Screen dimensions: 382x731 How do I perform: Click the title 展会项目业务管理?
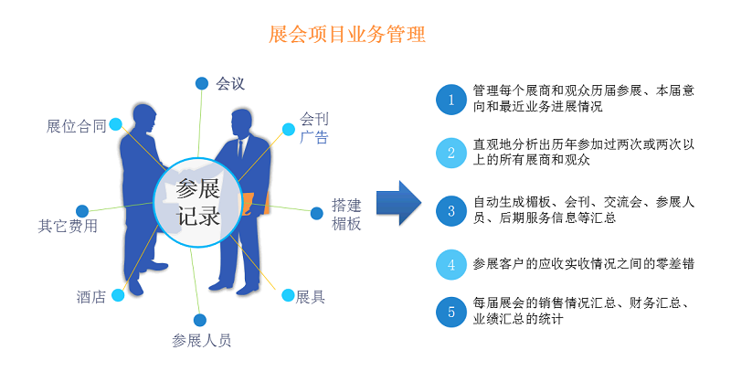point(347,36)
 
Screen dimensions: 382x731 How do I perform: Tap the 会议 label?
point(231,84)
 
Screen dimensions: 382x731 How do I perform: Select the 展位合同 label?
point(77,126)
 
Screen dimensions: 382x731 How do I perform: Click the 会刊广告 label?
point(313,129)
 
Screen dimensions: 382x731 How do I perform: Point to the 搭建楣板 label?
point(346,214)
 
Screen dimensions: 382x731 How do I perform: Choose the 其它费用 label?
point(68,226)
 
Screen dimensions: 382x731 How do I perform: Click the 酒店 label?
point(90,297)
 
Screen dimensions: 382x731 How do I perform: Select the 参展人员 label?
point(202,341)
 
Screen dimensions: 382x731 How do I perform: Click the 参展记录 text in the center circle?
point(198,203)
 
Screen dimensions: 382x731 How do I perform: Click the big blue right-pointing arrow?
point(397,203)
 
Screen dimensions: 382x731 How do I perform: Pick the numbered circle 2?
point(450,154)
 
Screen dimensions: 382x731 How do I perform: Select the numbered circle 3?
point(450,210)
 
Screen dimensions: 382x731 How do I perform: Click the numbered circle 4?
point(450,264)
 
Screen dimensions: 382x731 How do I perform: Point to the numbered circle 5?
point(450,312)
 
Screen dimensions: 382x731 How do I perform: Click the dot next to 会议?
point(201,83)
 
